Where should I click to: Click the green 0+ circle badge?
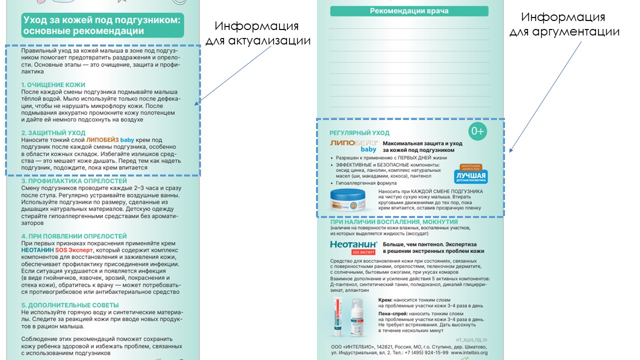[477, 131]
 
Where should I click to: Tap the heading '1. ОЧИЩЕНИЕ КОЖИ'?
[53, 85]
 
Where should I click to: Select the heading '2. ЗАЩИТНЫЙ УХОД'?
[53, 133]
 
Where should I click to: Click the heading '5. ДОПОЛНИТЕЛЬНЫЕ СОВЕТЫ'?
[70, 305]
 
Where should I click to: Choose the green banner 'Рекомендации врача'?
[408, 11]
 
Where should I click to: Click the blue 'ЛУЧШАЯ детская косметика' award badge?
[471, 175]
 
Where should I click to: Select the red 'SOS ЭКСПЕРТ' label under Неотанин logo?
[363, 252]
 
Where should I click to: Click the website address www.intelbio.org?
[469, 352]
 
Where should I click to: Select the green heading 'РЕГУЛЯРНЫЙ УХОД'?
[359, 133]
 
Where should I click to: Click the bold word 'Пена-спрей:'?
[392, 313]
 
